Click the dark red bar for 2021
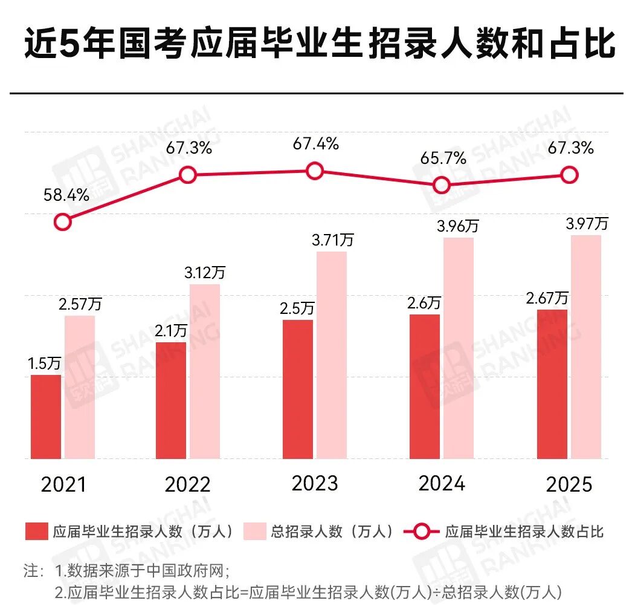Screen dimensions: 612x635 tap(46, 417)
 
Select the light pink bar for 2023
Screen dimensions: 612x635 tap(332, 355)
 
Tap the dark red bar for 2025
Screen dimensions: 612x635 tap(552, 384)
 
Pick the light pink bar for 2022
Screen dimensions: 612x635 tap(205, 371)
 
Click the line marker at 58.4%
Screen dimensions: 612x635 tap(62, 222)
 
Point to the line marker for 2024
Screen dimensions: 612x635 tap(442, 185)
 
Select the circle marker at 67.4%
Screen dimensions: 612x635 tap(314, 171)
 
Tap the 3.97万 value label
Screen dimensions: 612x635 tap(587, 224)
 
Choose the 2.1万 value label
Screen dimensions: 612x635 tap(170, 331)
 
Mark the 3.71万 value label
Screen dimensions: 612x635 tap(333, 240)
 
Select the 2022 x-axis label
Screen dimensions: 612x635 tap(188, 485)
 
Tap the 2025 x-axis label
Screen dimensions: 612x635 tap(569, 485)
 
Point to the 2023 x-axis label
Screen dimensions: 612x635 tap(314, 484)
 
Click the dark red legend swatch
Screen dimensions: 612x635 tap(36, 532)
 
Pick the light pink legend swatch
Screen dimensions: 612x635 tap(254, 532)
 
